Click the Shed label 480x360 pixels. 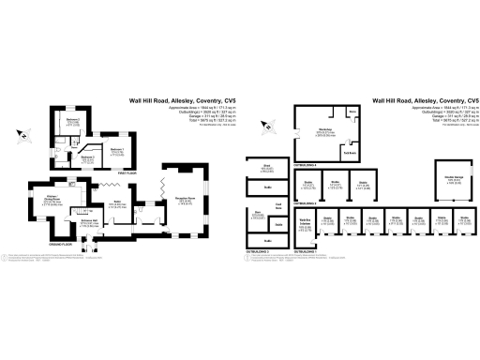[267, 168]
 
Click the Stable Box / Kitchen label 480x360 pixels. [305, 221]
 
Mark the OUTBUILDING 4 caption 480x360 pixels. [306, 163]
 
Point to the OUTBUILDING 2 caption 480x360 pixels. [306, 202]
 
